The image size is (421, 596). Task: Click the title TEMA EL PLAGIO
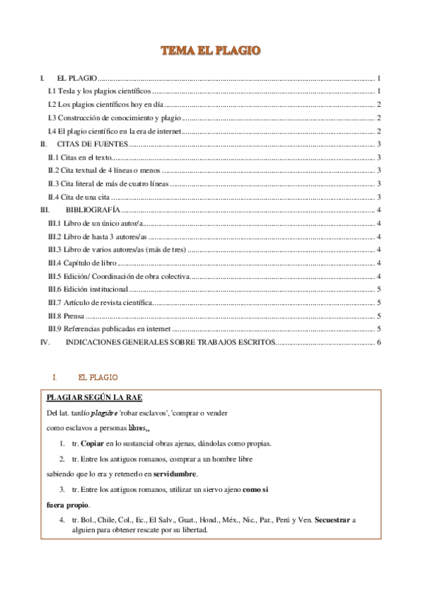pyautogui.click(x=210, y=51)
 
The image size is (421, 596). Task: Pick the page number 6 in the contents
pyautogui.click(x=378, y=342)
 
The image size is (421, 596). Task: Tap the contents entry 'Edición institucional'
pyautogui.click(x=88, y=289)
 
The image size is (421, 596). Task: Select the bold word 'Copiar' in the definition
pyautogui.click(x=93, y=443)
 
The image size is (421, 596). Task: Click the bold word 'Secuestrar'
pyautogui.click(x=334, y=519)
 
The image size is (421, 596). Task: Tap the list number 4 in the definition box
pyautogui.click(x=63, y=519)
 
